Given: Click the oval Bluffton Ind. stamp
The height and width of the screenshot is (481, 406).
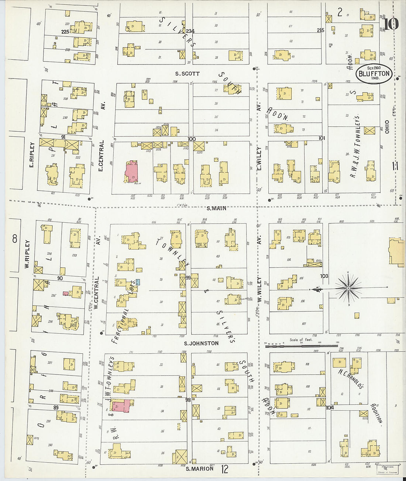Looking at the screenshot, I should click(374, 73).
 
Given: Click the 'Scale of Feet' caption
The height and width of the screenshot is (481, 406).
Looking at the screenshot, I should click(300, 340).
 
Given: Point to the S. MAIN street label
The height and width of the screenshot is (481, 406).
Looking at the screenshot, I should click(216, 208).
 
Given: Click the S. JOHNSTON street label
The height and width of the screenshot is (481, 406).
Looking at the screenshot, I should click(201, 343).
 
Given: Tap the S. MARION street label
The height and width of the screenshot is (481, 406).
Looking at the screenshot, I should click(199, 469).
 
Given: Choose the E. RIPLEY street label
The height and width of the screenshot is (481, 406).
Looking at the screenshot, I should click(32, 155).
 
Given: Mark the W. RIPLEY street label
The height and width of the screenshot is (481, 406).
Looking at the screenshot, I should click(27, 254).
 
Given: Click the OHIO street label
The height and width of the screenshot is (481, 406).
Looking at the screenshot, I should click(387, 126).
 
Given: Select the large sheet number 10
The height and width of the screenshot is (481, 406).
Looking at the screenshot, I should click(391, 24).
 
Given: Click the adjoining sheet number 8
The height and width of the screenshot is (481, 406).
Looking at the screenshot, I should click(15, 239).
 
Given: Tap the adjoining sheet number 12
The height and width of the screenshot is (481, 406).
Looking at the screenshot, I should click(224, 469).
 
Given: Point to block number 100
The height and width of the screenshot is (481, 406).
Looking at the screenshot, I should click(191, 139).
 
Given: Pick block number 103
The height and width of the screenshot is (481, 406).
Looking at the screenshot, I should click(324, 276).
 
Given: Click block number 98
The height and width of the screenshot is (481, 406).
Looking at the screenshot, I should click(188, 400).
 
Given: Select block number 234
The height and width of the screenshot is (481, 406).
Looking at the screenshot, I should click(190, 31).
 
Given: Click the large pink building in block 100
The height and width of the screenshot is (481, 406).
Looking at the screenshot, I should click(131, 171).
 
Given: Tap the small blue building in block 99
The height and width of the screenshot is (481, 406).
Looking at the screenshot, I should click(138, 282).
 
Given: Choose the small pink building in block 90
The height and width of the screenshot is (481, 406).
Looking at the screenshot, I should click(65, 293).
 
